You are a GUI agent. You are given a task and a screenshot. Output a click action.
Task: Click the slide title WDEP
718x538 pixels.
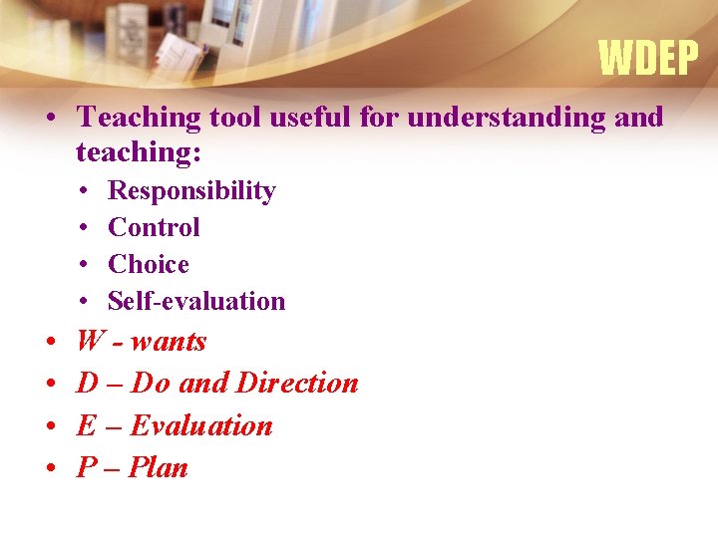[x=648, y=59]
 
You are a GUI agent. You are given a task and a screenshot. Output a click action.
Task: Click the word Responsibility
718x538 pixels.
[x=191, y=190]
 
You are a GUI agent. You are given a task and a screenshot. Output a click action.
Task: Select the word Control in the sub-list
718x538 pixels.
[x=154, y=227]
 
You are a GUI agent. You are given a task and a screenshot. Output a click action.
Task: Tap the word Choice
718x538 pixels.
[x=148, y=264]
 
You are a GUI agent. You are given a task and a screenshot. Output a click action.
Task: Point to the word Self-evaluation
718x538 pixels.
[x=196, y=301]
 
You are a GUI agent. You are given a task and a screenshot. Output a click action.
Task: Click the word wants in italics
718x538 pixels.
[x=169, y=342]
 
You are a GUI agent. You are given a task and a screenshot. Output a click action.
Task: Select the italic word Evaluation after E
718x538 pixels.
[x=201, y=425]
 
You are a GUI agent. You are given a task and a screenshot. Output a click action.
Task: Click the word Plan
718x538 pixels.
[x=160, y=467]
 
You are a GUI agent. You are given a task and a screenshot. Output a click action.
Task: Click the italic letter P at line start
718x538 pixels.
[x=86, y=467]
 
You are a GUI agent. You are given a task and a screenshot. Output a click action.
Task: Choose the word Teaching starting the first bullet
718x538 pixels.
[x=139, y=119]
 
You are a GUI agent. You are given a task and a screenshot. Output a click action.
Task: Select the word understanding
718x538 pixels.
[x=504, y=119]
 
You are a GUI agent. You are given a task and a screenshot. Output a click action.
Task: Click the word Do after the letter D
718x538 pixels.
[x=152, y=383]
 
